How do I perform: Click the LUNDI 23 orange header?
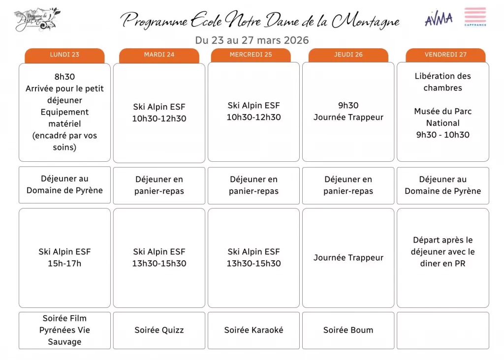[x=64, y=55]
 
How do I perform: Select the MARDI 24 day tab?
[x=159, y=55]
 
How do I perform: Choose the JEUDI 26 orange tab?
[x=348, y=55]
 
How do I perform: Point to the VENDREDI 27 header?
[x=445, y=55]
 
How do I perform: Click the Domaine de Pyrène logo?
[x=37, y=19]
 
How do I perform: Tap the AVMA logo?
[x=439, y=19]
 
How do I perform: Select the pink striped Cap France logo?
[x=475, y=17]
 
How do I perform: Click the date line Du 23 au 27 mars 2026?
[x=252, y=40]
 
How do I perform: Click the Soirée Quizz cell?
[x=159, y=330]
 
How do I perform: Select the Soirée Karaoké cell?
[x=253, y=330]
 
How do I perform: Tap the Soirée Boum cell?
[x=348, y=330]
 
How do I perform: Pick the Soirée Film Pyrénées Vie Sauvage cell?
[x=64, y=330]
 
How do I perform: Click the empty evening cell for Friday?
[x=442, y=330]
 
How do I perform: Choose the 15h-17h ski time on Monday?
[x=64, y=264]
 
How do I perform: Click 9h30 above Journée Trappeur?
[x=348, y=105]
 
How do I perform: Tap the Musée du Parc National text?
[x=442, y=117]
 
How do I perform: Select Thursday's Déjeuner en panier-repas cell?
[x=348, y=185]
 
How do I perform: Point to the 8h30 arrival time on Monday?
[x=64, y=77]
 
